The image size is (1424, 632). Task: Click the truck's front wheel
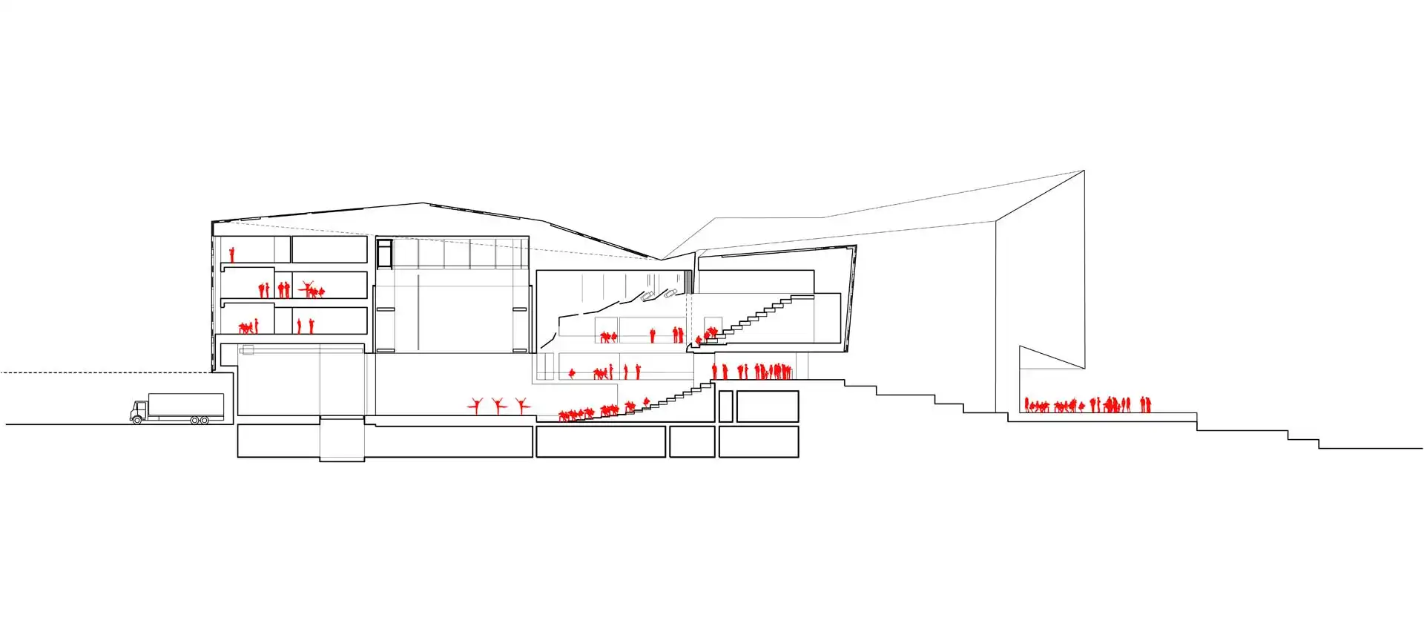click(136, 420)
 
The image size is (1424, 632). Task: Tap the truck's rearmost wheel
click(204, 420)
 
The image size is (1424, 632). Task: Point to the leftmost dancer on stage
click(476, 405)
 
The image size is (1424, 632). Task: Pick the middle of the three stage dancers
click(498, 405)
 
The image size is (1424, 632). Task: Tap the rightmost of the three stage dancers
click(522, 405)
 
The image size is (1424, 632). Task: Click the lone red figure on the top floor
click(231, 254)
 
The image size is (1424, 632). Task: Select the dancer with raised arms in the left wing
click(309, 288)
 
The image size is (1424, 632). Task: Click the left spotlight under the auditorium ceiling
click(648, 296)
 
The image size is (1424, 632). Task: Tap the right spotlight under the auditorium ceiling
click(672, 293)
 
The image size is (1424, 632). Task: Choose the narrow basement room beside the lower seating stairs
click(725, 406)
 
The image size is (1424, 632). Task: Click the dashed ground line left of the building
click(104, 372)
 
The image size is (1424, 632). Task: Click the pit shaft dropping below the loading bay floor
click(342, 440)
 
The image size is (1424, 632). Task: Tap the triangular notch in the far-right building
click(1046, 363)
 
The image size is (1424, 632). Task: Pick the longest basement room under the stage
click(385, 441)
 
